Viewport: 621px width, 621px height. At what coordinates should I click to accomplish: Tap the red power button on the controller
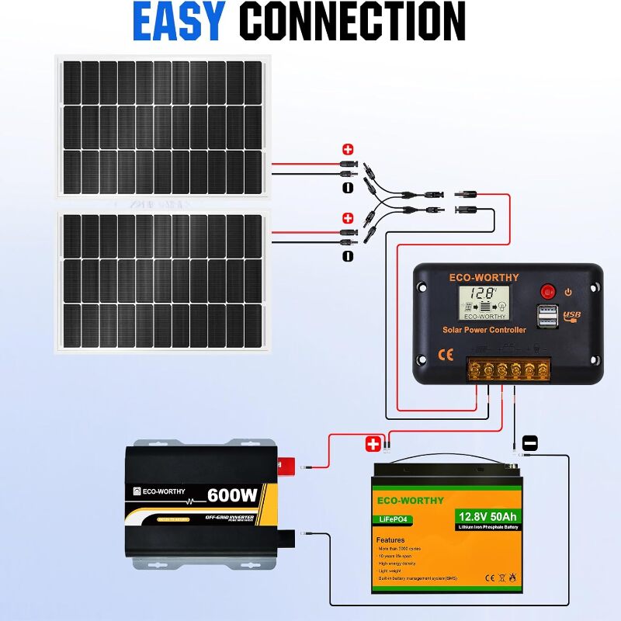(x=549, y=293)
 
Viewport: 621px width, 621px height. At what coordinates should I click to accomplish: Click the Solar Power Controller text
(x=484, y=330)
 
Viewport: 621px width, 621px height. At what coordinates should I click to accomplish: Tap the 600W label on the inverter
(x=232, y=494)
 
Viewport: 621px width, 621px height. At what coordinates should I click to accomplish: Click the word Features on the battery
(x=390, y=539)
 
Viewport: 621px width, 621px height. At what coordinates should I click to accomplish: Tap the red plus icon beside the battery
(x=373, y=444)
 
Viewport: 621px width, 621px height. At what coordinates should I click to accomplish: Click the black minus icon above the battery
(x=530, y=442)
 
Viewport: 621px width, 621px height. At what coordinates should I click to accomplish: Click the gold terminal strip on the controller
(x=508, y=368)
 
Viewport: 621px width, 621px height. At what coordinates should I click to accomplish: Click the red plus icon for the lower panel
(x=348, y=218)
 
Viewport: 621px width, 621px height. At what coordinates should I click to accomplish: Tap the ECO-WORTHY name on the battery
(x=411, y=501)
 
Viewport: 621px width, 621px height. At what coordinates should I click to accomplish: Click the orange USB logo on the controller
(x=571, y=316)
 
